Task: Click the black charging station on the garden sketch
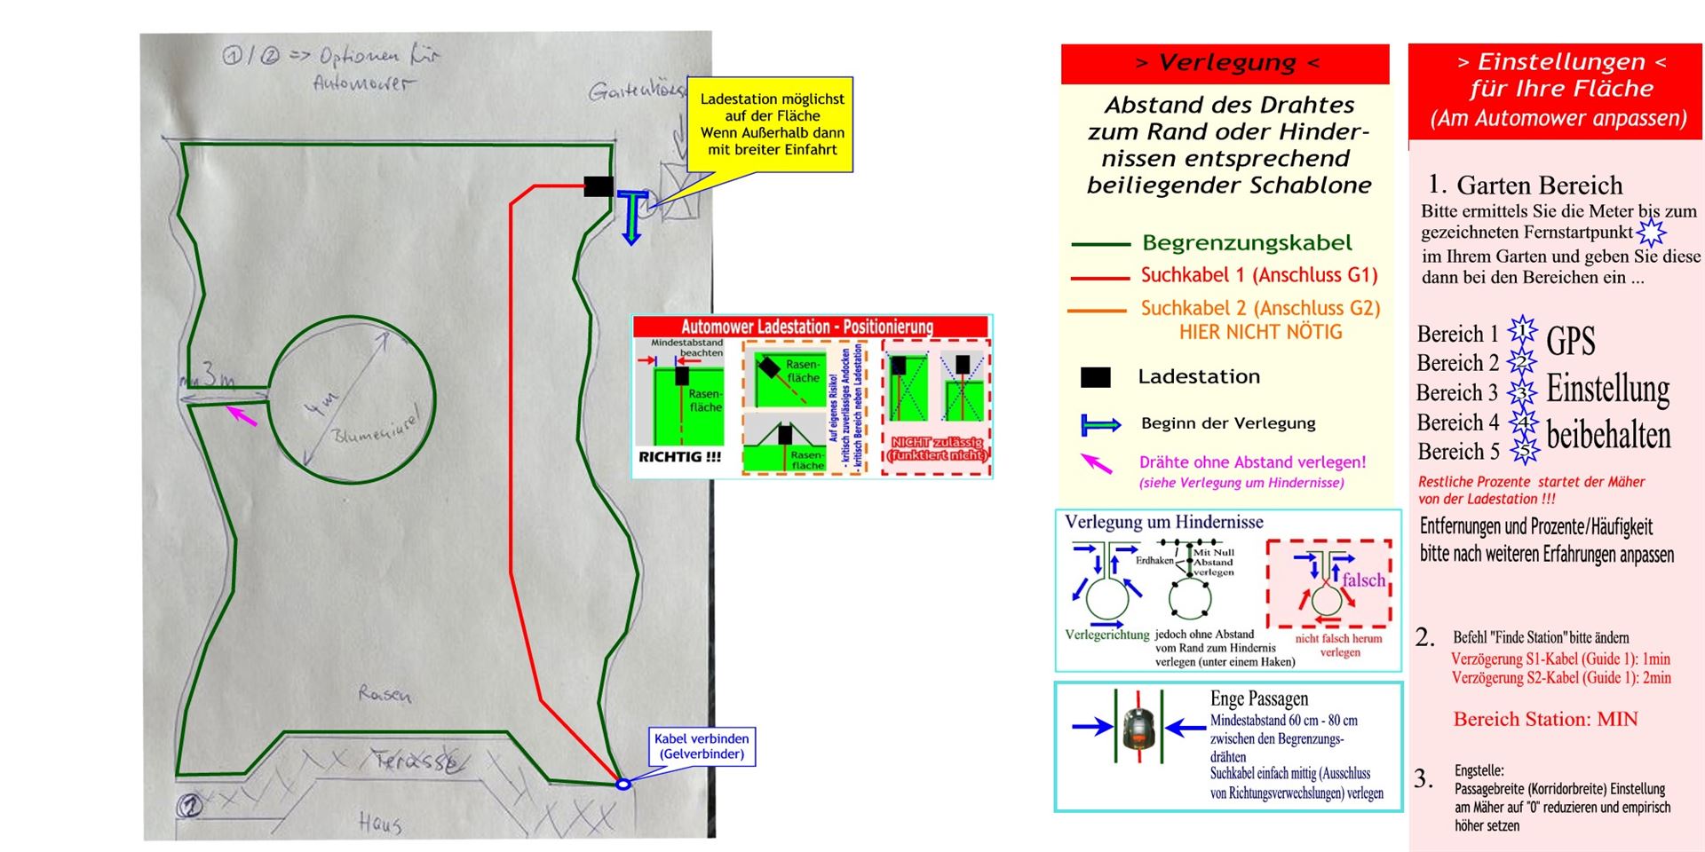click(x=599, y=186)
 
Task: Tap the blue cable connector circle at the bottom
click(x=623, y=784)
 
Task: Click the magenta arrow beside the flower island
click(x=242, y=415)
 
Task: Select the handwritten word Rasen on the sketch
click(x=385, y=694)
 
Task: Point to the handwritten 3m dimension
click(x=216, y=375)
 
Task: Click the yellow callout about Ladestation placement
click(x=771, y=124)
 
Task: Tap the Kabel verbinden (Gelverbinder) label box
click(x=702, y=746)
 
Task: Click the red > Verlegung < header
click(x=1225, y=63)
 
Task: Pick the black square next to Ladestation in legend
click(x=1095, y=377)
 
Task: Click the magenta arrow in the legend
click(x=1097, y=463)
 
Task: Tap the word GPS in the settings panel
click(x=1570, y=341)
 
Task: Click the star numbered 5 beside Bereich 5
click(x=1524, y=452)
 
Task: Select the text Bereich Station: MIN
click(x=1545, y=719)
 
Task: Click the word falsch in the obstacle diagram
click(x=1363, y=580)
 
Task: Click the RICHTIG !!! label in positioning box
click(x=679, y=457)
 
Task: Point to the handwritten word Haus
click(x=380, y=824)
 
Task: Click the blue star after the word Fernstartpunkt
click(x=1652, y=233)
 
